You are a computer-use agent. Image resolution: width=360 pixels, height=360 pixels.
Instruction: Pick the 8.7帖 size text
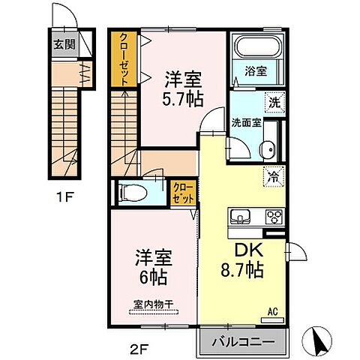[x=241, y=271]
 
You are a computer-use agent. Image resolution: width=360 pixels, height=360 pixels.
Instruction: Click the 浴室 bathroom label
[x=255, y=72]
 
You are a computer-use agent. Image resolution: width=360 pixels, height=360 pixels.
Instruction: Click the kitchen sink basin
[x=241, y=218]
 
